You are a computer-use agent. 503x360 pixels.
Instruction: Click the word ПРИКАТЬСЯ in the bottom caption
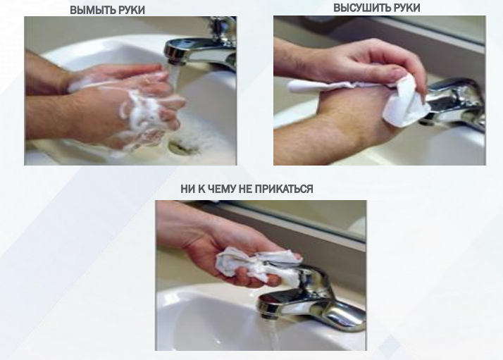pyautogui.click(x=284, y=189)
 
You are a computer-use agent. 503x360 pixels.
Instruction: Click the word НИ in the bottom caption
pyautogui.click(x=187, y=189)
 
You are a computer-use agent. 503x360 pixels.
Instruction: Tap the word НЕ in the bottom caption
pyautogui.click(x=245, y=189)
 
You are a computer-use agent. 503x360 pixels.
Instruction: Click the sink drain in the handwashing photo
pyautogui.click(x=180, y=147)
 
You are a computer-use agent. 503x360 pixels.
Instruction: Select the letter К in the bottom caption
pyautogui.click(x=201, y=189)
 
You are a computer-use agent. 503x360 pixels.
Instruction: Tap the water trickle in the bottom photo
pyautogui.click(x=273, y=334)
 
